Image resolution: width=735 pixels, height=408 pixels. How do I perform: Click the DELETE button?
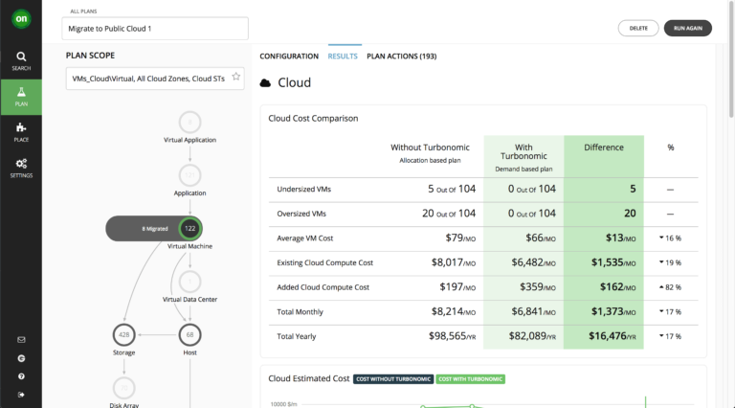638,29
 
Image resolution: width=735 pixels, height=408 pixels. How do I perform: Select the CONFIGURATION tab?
289,57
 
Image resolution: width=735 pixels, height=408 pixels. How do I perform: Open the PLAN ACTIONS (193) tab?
402,57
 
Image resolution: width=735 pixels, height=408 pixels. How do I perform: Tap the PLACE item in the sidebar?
21,131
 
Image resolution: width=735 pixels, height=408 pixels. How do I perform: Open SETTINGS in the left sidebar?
21,168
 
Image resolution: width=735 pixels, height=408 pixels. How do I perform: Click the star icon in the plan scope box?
235,78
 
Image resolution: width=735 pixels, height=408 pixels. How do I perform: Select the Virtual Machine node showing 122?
189,228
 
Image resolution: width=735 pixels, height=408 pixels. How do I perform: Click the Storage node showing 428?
122,334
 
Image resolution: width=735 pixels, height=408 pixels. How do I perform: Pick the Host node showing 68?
189,334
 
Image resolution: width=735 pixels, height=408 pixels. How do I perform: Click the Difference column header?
603,147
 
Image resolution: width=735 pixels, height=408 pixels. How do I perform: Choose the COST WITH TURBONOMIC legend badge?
470,379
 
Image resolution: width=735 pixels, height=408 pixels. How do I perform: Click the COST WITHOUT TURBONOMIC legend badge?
392,379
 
